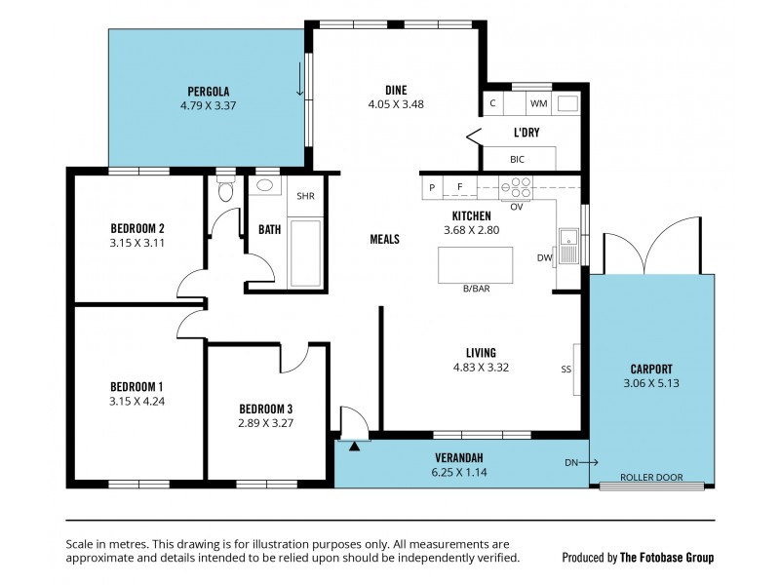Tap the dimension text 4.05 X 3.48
[x=395, y=103]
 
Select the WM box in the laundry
[x=538, y=103]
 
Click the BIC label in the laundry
[x=517, y=159]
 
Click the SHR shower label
[x=306, y=196]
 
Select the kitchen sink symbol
[x=568, y=237]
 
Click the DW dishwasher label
[x=544, y=258]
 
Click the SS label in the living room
[x=565, y=370]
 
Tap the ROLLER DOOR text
[x=651, y=478]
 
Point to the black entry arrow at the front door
[x=354, y=445]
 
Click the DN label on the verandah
[x=569, y=462]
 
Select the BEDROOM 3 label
[x=265, y=409]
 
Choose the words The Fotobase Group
[x=668, y=558]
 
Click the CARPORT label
[x=650, y=369]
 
